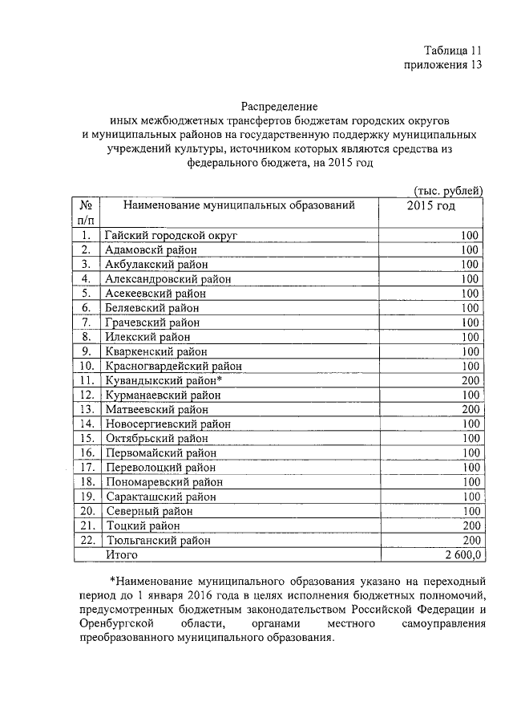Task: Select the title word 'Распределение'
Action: pos(280,105)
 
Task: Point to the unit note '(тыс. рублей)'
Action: pos(448,189)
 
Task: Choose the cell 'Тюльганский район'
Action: pos(157,540)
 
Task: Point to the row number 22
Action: pos(87,540)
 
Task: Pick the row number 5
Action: pos(87,293)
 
